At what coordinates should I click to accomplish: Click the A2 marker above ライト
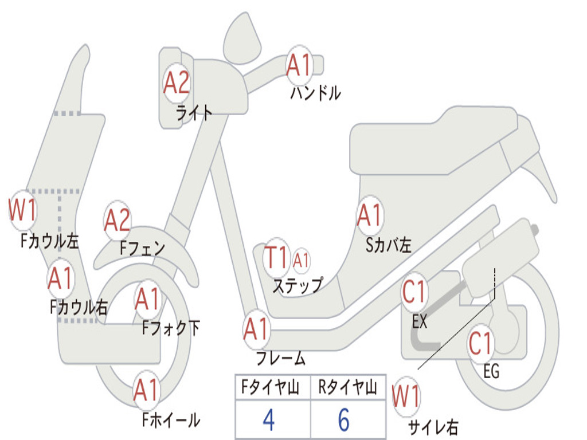176,83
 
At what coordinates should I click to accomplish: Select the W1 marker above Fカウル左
23,210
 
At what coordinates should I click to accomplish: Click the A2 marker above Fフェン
118,221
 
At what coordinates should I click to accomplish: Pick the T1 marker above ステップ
276,258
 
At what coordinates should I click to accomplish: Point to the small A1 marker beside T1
301,261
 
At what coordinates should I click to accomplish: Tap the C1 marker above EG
480,343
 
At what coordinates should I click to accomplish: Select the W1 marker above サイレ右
406,397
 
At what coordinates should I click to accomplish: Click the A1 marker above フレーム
256,329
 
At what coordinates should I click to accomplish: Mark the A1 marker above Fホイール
146,391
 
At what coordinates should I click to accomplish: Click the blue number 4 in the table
268,420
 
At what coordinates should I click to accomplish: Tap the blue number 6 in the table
344,420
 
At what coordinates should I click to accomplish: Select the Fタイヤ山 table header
269,389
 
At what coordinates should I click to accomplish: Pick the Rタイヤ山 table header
347,389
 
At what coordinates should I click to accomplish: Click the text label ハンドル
315,93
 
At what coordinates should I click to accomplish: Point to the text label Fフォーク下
171,328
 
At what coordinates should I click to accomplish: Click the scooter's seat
436,143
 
